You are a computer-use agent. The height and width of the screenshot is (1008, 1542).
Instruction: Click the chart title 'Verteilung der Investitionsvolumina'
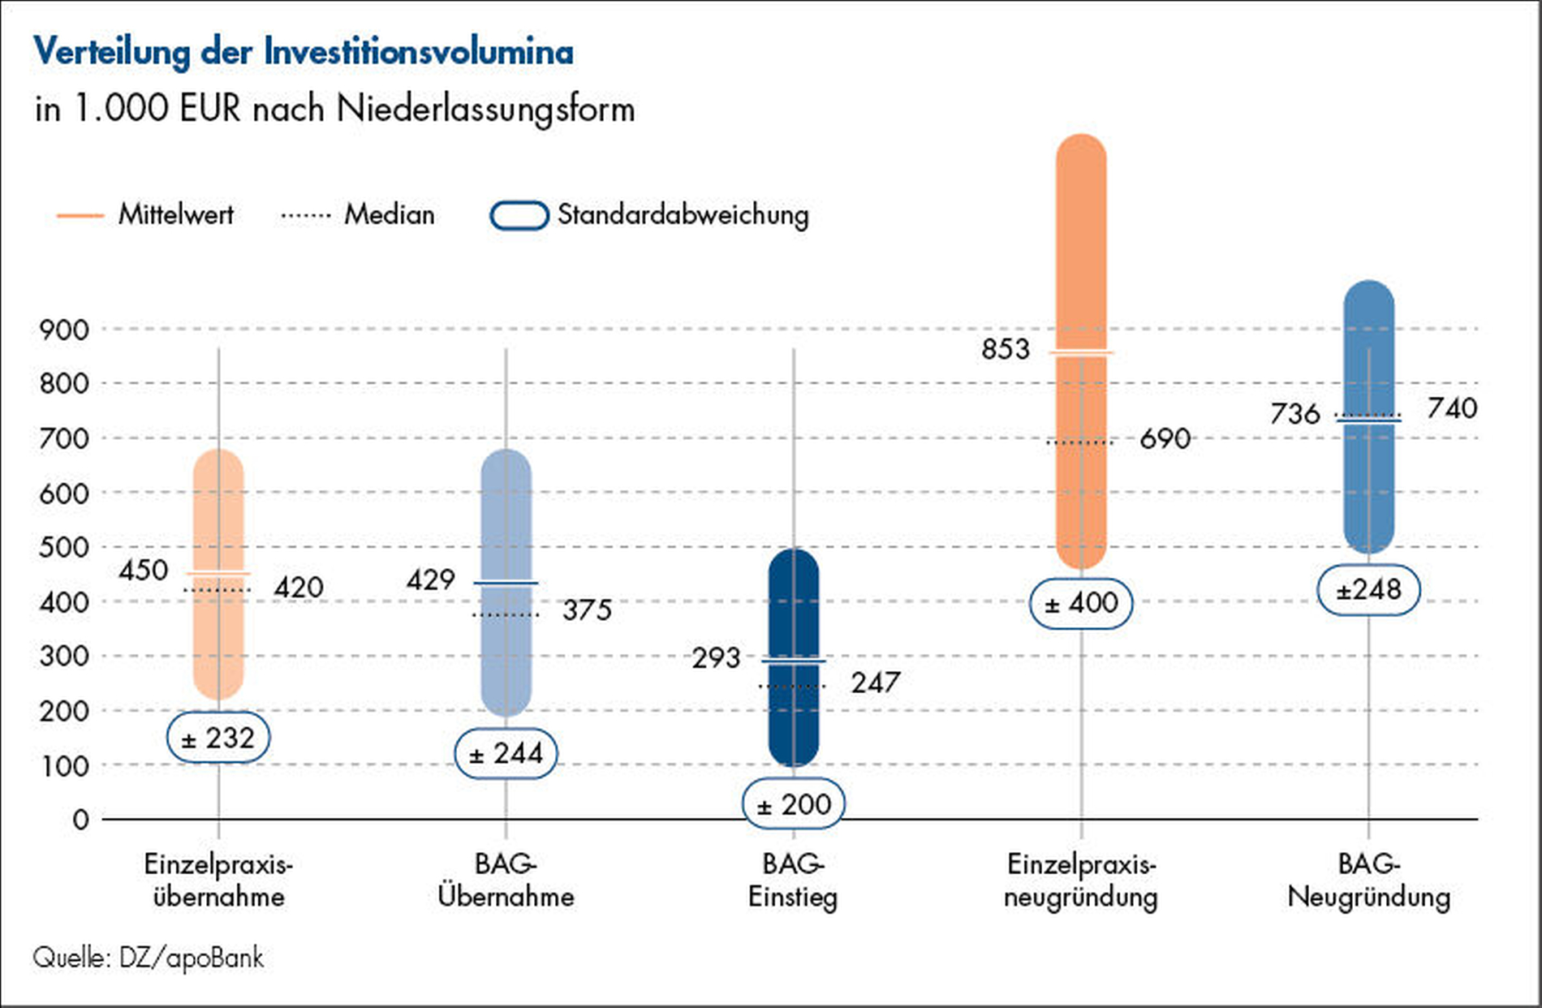304,53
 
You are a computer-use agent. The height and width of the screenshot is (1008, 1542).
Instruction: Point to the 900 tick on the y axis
64,330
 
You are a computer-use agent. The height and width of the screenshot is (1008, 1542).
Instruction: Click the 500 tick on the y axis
64,548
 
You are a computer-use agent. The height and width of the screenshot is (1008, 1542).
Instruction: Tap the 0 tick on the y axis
80,820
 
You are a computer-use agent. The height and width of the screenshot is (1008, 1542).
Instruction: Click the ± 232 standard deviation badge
218,738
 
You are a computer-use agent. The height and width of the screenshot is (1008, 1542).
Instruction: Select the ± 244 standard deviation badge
506,754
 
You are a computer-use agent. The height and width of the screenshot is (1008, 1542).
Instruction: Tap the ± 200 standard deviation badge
794,804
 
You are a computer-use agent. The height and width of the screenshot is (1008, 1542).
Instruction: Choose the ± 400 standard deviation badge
1081,603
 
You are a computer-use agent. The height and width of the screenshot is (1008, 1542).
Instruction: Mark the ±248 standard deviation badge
1368,589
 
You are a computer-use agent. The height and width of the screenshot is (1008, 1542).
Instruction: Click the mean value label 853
1006,349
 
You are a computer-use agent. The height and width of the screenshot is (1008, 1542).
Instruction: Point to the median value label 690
1165,439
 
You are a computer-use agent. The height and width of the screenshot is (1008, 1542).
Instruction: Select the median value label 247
876,683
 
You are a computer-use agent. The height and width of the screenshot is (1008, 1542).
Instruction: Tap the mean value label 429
431,580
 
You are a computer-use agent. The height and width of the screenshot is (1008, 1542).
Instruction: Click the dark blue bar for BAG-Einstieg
794,617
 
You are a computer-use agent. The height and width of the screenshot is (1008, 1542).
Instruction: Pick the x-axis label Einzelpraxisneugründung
1081,881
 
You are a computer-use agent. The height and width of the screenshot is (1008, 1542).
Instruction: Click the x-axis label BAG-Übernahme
506,881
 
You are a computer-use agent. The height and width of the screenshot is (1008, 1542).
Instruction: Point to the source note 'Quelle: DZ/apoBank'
149,958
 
